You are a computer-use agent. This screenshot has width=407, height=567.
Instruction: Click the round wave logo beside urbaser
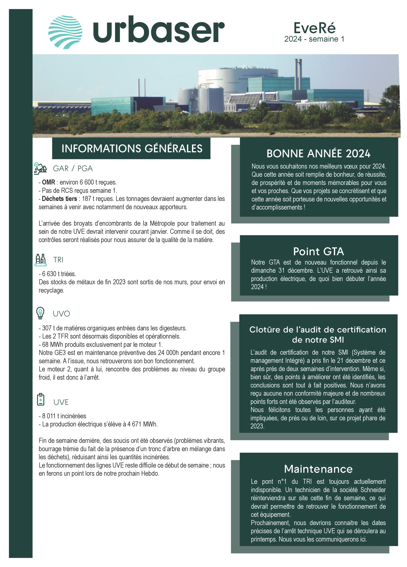point(65,32)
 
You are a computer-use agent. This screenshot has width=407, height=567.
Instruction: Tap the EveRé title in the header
point(314,28)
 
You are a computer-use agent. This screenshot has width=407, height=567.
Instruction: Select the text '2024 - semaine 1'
point(314,39)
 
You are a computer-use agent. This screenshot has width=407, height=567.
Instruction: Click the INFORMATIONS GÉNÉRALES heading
point(132,148)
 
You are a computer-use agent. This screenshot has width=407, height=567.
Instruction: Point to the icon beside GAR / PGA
point(40,168)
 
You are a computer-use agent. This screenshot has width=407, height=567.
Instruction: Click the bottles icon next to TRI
point(40,260)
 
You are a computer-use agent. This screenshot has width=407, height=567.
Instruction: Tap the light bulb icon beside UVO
point(40,313)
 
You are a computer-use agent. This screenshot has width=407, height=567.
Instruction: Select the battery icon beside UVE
point(41,399)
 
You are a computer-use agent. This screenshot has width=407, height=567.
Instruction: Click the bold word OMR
point(48,182)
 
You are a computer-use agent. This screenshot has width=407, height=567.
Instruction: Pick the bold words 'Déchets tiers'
point(59,199)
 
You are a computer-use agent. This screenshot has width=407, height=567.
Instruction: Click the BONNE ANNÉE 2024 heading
point(318,153)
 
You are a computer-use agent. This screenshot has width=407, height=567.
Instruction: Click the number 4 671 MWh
point(142,424)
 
